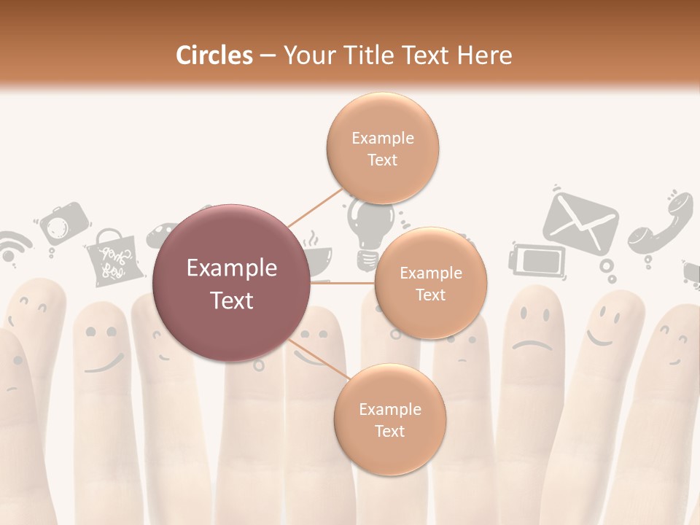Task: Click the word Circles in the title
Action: [214, 55]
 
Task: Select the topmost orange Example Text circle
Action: [382, 148]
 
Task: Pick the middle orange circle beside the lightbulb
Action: [430, 283]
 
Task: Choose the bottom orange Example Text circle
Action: [389, 419]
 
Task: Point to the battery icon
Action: [537, 259]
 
